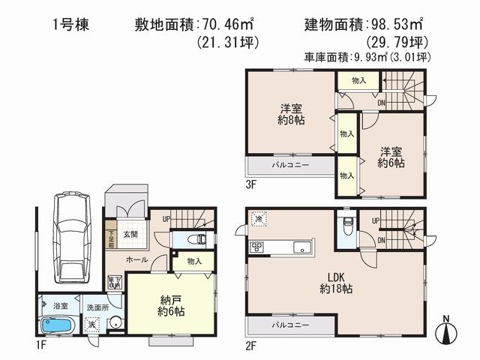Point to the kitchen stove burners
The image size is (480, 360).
(257, 248)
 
